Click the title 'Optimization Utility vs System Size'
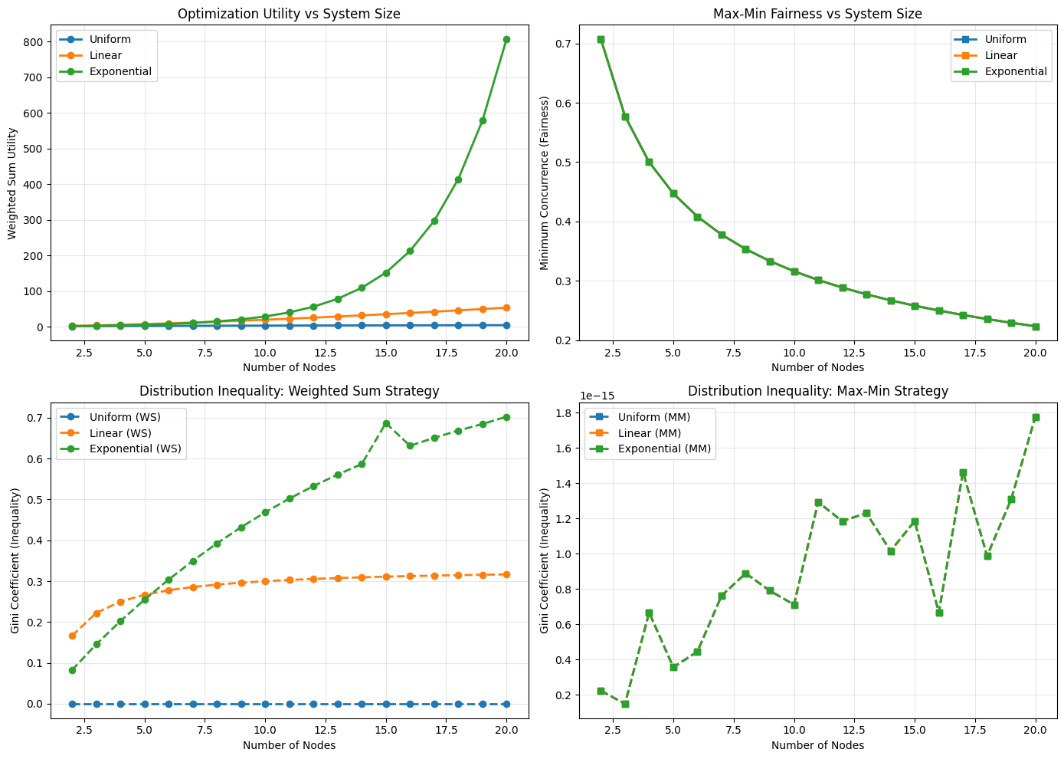coord(289,14)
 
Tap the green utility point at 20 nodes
coord(506,40)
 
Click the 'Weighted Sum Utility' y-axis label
coord(13,182)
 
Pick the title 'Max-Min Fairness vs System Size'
coord(817,14)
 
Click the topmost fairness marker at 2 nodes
coord(601,39)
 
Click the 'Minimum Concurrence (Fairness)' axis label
coord(545,182)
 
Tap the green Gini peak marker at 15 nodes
coord(386,423)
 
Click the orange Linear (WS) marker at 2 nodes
coord(73,636)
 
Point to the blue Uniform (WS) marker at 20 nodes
coord(506,704)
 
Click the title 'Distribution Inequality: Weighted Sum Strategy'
coord(289,391)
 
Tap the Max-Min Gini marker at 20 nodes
coord(1036,417)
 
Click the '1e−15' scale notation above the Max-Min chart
coord(597,396)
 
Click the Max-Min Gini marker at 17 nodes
coord(963,473)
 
